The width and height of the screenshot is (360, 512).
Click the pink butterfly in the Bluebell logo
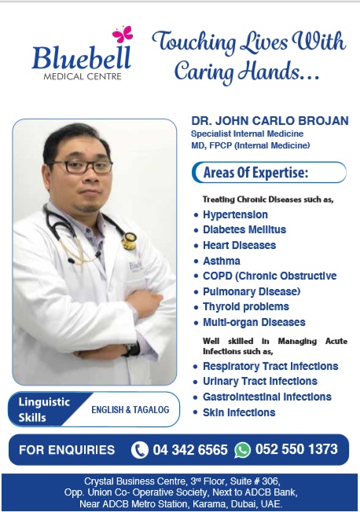coord(123,35)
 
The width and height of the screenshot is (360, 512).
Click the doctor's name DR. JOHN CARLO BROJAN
coord(270,122)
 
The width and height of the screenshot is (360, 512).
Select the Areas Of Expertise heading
coord(255,173)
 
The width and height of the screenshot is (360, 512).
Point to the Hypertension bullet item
coord(235,214)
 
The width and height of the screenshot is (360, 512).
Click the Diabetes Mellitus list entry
coord(244,230)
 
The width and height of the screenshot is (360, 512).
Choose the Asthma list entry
coord(222,261)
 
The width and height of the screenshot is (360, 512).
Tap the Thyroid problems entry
coord(245,306)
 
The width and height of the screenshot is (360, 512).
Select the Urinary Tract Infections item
coord(259,381)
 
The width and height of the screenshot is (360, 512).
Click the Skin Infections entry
coord(239,412)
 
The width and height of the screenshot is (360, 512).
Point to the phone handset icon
coord(140,450)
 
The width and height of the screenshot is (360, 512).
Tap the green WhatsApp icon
coord(242,450)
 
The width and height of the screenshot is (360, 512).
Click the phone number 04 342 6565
coord(190,450)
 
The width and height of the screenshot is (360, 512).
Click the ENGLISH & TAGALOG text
coord(130,409)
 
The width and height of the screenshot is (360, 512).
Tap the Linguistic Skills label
coord(45,409)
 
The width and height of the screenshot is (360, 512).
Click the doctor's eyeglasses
coord(79,166)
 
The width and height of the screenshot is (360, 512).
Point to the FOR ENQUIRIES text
coord(67,450)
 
